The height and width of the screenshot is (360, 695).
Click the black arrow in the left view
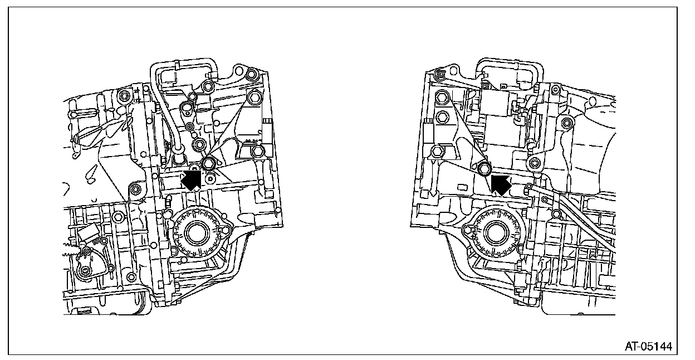[x=191, y=181]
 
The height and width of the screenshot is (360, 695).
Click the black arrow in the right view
[x=501, y=183]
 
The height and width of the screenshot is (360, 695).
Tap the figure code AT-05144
[x=648, y=346]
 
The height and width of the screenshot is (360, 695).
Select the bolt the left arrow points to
[x=208, y=164]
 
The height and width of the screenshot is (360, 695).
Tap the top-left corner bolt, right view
[x=439, y=74]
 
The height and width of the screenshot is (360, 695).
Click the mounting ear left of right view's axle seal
[x=467, y=227]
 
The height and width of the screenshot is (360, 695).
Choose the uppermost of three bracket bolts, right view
[x=442, y=98]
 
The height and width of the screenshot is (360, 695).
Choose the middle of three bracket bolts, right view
[x=442, y=117]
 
